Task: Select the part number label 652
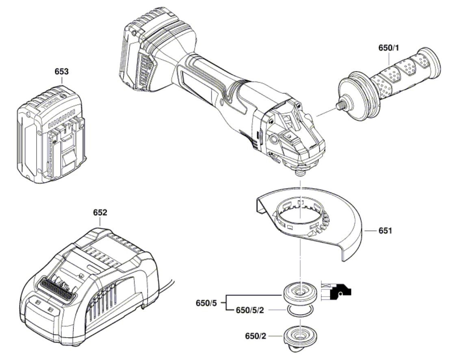pos(100,213)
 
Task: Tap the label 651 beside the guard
pos(386,231)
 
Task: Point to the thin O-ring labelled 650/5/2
pos(300,311)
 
